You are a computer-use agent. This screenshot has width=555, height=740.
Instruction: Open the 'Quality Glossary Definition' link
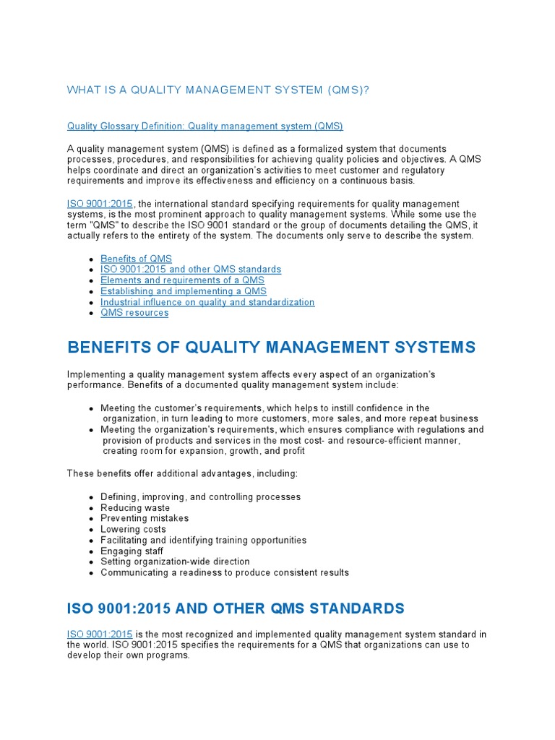coord(205,126)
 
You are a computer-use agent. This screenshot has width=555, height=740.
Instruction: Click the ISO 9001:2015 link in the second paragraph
coord(100,205)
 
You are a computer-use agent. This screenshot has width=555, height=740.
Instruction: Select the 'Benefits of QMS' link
coord(136,259)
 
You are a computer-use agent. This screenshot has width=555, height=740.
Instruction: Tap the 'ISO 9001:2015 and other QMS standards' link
coord(191,270)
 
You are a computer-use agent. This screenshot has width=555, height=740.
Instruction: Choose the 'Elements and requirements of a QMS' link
coord(182,280)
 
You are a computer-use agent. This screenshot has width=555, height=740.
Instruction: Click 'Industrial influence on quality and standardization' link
coord(207,302)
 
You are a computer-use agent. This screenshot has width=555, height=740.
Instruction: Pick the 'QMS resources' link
coord(134,313)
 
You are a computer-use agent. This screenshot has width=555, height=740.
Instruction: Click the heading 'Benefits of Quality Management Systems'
coord(271,348)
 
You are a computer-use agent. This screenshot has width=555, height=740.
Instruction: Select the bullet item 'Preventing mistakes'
coord(145,518)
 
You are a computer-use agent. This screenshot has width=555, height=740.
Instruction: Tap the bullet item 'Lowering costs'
coord(134,529)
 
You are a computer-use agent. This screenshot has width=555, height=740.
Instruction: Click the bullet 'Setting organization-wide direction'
coord(175,562)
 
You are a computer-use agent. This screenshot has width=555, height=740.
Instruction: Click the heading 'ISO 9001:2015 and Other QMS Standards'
coord(236,608)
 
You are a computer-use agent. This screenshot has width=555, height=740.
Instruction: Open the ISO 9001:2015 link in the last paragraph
coord(100,634)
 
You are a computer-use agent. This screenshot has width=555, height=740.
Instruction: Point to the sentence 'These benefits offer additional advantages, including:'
coord(182,473)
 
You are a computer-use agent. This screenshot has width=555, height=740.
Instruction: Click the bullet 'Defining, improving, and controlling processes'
coord(200,497)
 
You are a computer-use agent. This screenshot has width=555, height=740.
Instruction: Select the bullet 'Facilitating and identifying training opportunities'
coord(203,540)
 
